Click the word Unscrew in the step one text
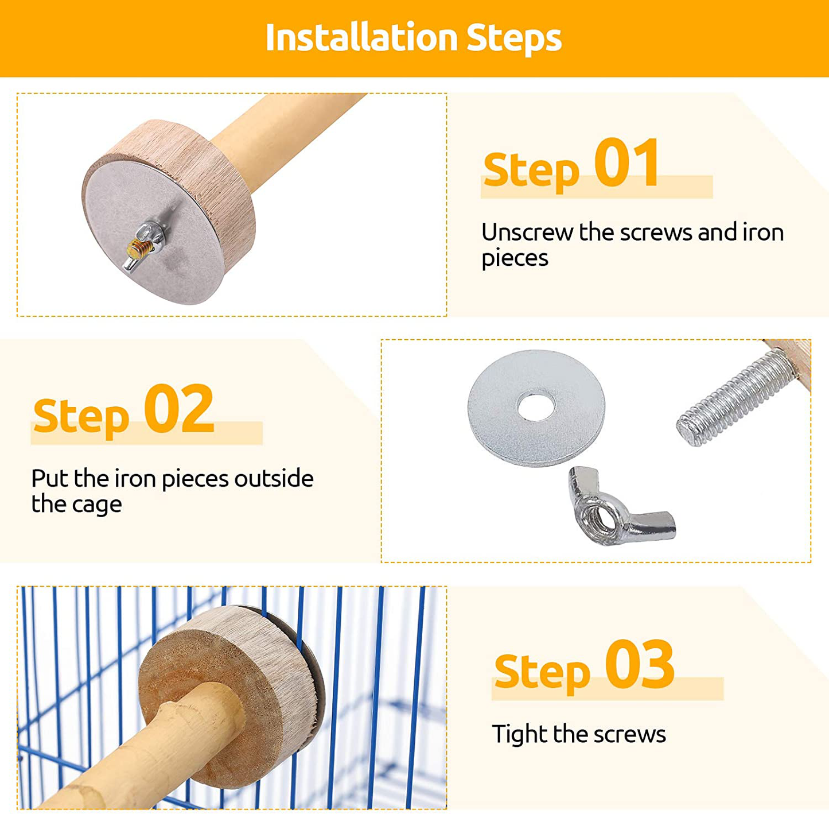[527, 232]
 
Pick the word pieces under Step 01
[515, 259]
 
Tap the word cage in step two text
[97, 505]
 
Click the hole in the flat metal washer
[536, 407]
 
